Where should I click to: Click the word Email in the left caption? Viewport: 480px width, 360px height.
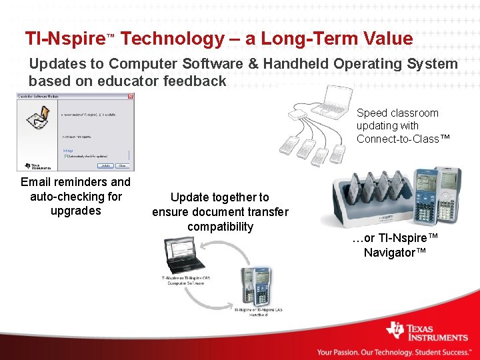click(36, 182)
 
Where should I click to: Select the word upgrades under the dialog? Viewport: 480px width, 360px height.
click(75, 211)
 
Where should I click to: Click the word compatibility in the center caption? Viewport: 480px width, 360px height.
click(220, 227)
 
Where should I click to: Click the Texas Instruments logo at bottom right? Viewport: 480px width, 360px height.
click(427, 331)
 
